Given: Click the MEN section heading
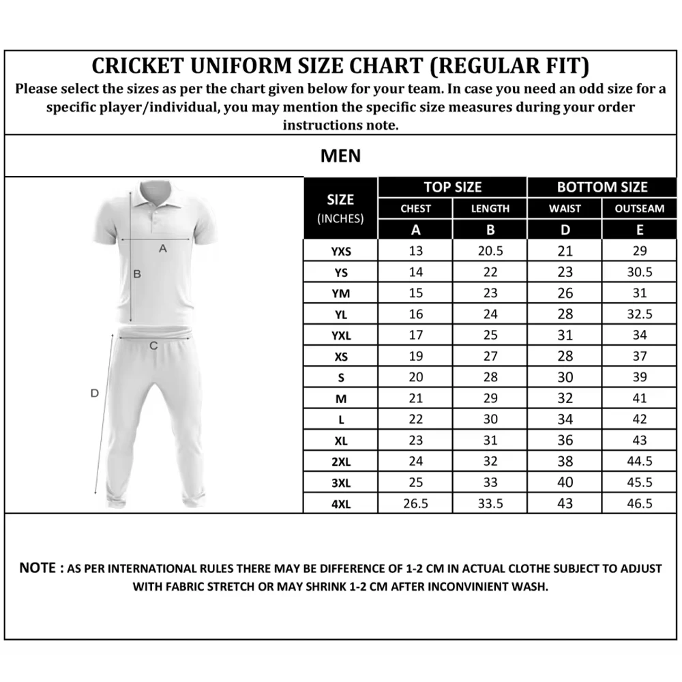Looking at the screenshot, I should point(340,156).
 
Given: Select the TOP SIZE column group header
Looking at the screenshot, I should point(452,187).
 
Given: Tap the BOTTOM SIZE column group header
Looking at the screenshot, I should point(602,187).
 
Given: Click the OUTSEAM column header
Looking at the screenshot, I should point(639,209).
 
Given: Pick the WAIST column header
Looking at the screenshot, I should point(565,209).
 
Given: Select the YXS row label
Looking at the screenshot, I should point(340,252).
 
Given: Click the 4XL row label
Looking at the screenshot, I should point(340,504).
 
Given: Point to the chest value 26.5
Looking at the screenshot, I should point(416,503).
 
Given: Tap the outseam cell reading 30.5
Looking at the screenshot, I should point(639,272).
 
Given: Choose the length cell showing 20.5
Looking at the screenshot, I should point(490,251).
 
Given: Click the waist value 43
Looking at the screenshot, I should point(565,503).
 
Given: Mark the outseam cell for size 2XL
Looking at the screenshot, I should point(639,461).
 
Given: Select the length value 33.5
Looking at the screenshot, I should point(490,503).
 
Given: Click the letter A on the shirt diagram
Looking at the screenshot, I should point(162,249).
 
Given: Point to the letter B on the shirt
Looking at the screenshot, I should point(136,274).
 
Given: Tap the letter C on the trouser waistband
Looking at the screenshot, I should point(153,346).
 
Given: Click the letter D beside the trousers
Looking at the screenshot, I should point(95,393).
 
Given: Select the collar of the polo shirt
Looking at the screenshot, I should point(155,194).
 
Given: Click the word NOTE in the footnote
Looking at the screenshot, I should point(38,567).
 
